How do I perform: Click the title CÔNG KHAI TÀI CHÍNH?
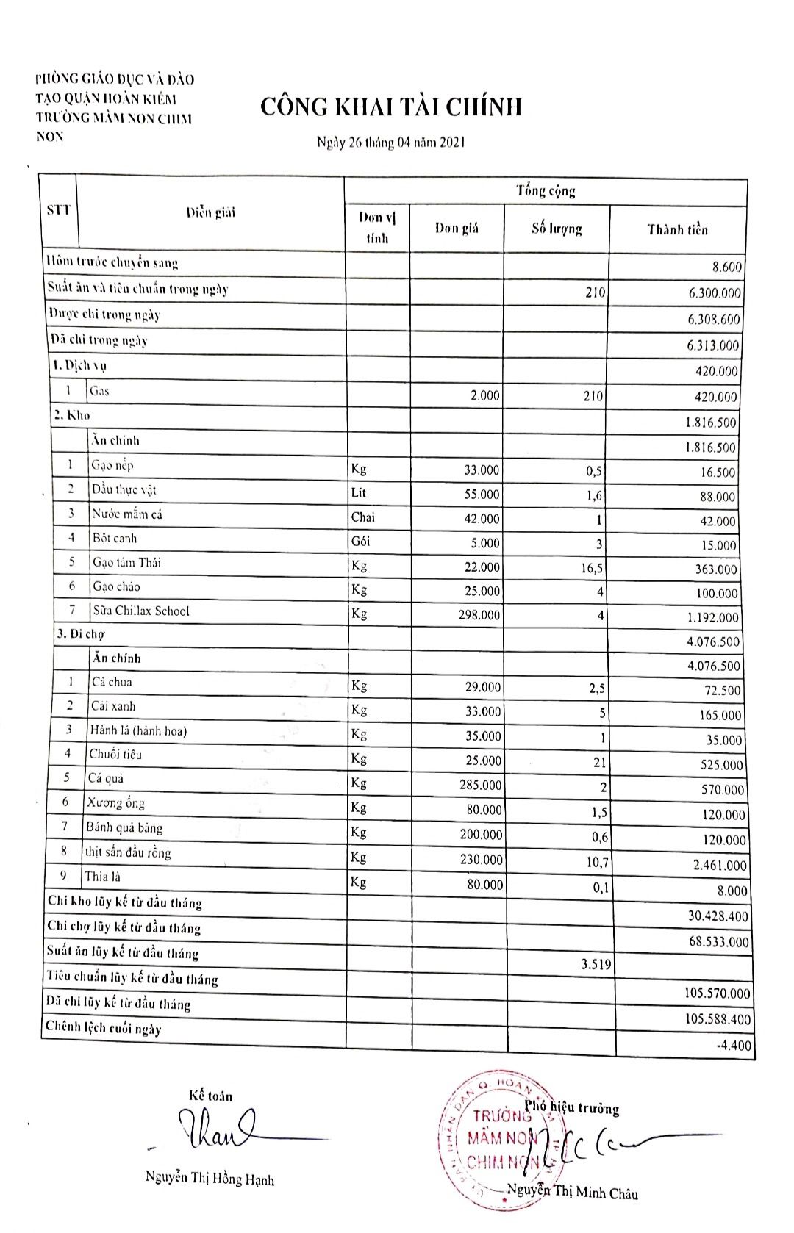point(391,107)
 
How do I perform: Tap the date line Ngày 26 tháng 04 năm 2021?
point(390,143)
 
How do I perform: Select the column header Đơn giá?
point(457,228)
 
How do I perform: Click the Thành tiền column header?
point(677,229)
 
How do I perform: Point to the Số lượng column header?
point(557,229)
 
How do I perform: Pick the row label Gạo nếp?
point(112,465)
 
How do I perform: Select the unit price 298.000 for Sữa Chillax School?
point(479,614)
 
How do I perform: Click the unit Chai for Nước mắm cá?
point(362,517)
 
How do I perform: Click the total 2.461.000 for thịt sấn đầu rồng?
point(719,866)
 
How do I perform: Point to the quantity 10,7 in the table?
point(597,862)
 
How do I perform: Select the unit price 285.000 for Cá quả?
point(480,785)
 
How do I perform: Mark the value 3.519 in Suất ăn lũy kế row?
point(595,964)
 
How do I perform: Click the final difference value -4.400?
point(734,1045)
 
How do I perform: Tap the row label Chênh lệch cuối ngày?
point(104,1027)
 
